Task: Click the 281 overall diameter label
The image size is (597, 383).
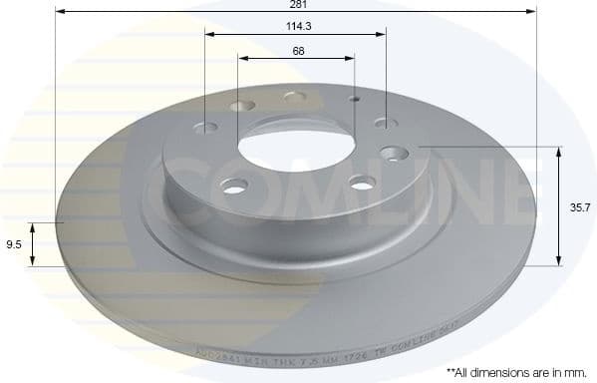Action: [x=297, y=5]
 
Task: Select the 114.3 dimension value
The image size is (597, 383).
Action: [x=297, y=27]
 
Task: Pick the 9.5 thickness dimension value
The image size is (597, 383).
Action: [x=13, y=242]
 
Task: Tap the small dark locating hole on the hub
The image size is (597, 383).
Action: [x=354, y=100]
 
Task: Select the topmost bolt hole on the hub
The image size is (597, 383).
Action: [x=294, y=97]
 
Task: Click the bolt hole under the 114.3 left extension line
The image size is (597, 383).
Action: [x=206, y=128]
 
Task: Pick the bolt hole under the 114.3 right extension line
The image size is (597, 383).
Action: [x=386, y=124]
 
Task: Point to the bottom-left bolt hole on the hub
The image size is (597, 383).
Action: [x=235, y=186]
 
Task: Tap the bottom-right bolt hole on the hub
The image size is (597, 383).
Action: [x=362, y=183]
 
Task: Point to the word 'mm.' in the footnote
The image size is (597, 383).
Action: [x=575, y=371]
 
